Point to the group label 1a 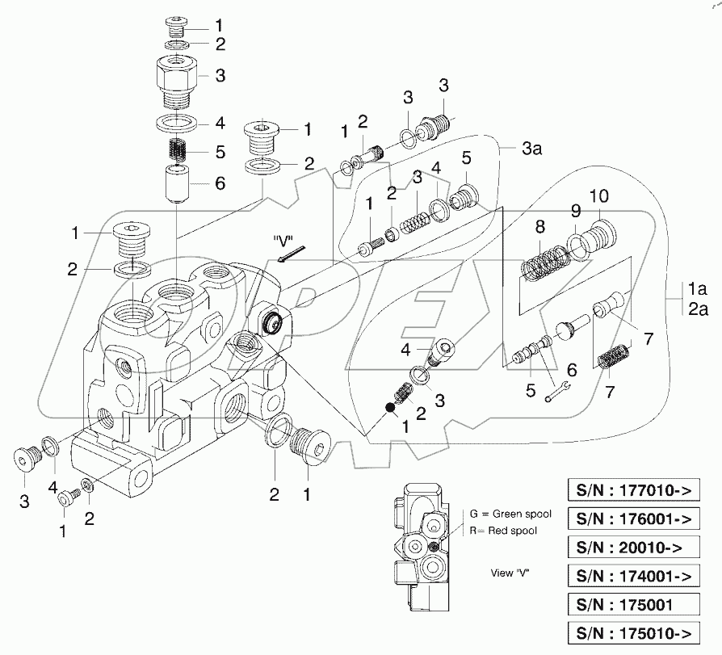point(699,288)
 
